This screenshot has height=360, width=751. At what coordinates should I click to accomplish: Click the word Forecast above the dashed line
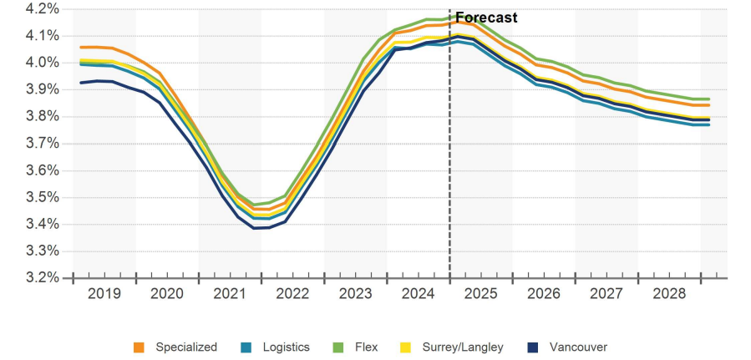(486, 18)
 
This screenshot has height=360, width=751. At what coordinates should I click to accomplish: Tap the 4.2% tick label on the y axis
(42, 8)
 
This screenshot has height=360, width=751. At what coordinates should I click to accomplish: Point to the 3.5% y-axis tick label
(42, 197)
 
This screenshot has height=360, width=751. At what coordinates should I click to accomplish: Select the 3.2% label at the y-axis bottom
(42, 277)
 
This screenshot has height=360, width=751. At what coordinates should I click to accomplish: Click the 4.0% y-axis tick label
(42, 63)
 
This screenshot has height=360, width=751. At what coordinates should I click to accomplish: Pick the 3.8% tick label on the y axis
(42, 116)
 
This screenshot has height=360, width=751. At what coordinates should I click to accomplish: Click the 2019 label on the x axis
(104, 294)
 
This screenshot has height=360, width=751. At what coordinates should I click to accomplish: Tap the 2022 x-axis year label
(292, 294)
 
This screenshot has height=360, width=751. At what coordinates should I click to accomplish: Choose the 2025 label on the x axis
(481, 294)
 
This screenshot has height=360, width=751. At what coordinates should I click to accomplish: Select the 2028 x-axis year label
(669, 294)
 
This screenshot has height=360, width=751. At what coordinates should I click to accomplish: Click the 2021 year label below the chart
(230, 294)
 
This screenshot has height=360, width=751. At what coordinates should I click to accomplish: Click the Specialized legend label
(186, 347)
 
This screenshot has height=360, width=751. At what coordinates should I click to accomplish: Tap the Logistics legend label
(287, 347)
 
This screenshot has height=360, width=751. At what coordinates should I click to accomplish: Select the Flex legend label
(365, 347)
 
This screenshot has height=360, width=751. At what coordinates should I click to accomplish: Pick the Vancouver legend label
(579, 347)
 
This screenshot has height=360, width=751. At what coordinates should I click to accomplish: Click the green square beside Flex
(337, 347)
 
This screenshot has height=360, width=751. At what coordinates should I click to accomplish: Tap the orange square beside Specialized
(140, 347)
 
